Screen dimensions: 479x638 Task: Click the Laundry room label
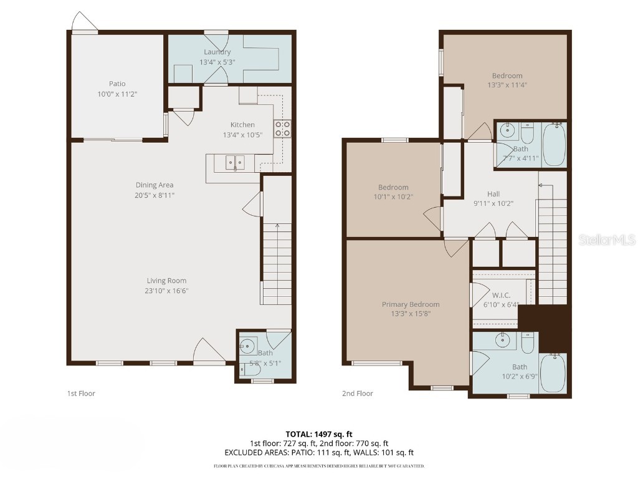click(x=216, y=52)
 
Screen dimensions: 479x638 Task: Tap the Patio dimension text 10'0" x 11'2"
click(x=117, y=94)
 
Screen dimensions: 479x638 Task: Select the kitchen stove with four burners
click(x=282, y=128)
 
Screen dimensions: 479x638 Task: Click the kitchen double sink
click(x=234, y=163)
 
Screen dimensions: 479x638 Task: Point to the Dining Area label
click(x=155, y=185)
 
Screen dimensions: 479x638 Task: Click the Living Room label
click(x=166, y=281)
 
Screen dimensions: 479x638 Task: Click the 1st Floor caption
click(x=81, y=394)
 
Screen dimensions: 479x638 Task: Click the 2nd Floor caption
click(x=357, y=394)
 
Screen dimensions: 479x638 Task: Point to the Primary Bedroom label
click(x=411, y=304)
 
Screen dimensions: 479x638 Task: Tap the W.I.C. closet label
click(x=501, y=295)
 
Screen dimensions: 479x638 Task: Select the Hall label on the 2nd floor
click(x=493, y=194)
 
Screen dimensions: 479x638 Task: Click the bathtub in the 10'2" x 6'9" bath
click(x=552, y=373)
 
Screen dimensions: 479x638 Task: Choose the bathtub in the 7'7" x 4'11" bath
click(x=553, y=145)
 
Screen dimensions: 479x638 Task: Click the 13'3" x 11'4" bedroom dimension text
click(x=505, y=85)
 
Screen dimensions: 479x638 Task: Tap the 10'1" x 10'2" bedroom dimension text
click(x=393, y=196)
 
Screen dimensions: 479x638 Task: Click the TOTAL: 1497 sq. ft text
click(x=319, y=434)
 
